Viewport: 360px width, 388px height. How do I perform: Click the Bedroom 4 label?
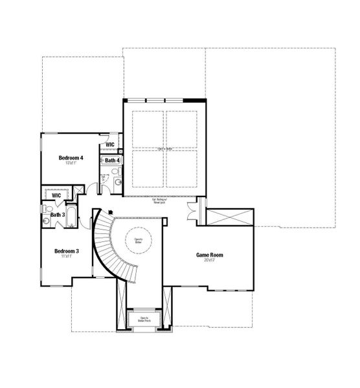point(70,158)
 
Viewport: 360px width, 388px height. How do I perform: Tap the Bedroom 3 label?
point(67,250)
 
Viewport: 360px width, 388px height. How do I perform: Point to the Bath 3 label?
point(58,215)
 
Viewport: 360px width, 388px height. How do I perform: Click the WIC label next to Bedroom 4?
point(110,145)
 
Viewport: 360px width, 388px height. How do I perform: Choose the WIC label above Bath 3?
point(56,195)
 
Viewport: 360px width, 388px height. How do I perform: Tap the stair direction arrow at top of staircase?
point(111,211)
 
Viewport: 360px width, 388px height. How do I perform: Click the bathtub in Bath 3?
point(71,217)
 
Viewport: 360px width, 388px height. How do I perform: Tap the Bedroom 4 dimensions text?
point(70,164)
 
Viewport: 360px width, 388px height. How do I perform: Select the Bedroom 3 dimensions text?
point(67,256)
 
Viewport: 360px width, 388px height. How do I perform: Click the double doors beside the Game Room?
point(192,212)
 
